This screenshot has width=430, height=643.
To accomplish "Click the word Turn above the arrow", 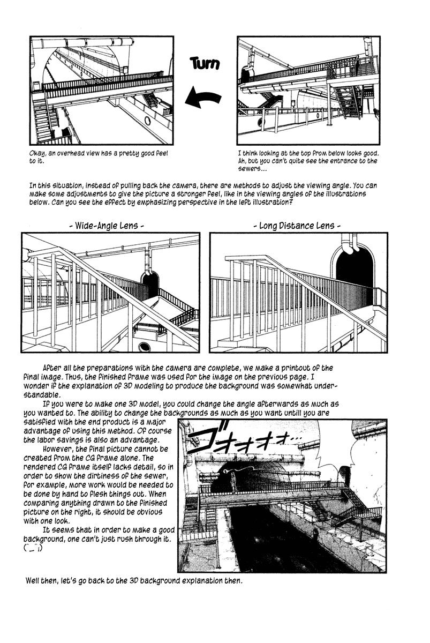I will (205, 64).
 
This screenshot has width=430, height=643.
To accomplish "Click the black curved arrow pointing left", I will (203, 99).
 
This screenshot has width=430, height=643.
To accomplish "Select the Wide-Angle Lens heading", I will (107, 226).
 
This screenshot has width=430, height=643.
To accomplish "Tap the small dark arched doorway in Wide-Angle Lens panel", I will (150, 283).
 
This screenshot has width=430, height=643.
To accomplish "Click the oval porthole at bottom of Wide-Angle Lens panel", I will (144, 347).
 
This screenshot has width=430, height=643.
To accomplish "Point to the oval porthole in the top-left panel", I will (148, 120).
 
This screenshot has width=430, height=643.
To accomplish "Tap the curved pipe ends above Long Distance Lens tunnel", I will (347, 244).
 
